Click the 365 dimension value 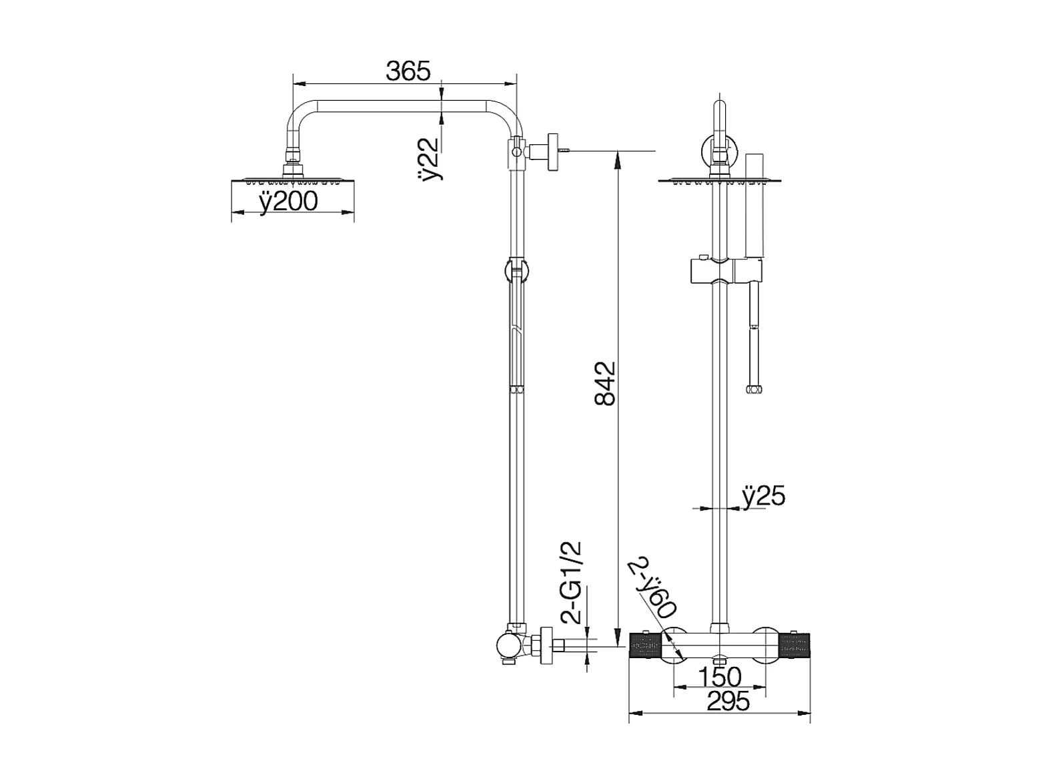coord(408,71)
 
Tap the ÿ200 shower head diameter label coord(289,202)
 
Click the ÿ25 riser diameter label coord(764,497)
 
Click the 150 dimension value coord(719,677)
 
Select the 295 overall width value coord(728,701)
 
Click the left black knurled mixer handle coord(646,645)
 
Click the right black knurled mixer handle coord(794,645)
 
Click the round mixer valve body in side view coord(508,645)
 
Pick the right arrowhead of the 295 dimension coord(804,726)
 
